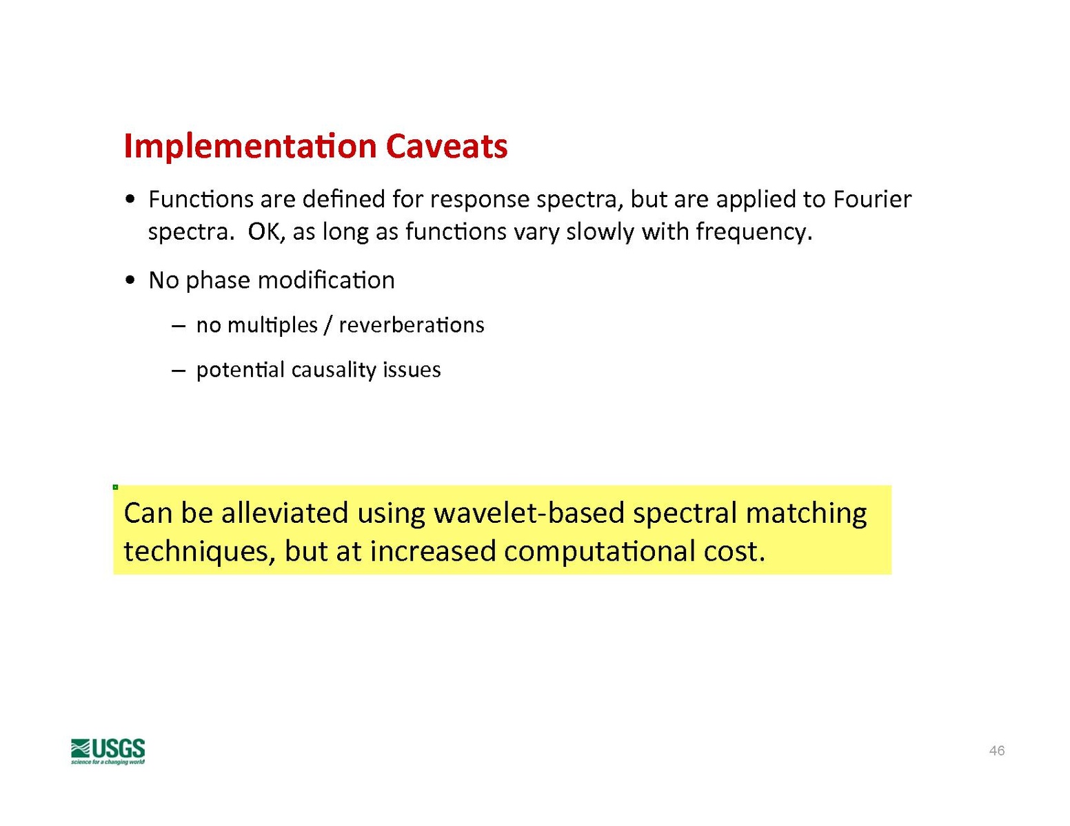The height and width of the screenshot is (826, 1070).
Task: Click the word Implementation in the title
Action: (x=250, y=147)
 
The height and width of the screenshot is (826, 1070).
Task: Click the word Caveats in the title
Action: (x=447, y=146)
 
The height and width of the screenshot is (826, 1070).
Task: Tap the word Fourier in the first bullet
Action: (x=872, y=199)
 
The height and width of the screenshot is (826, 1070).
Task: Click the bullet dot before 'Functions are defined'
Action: (x=130, y=200)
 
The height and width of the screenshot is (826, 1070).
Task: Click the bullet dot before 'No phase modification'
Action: (x=130, y=281)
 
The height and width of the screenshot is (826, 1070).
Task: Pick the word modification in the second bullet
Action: (x=326, y=280)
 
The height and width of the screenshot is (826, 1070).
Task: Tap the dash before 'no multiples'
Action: (x=179, y=326)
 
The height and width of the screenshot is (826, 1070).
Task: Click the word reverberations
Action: (x=412, y=325)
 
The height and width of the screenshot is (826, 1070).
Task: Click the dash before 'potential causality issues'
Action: (x=179, y=371)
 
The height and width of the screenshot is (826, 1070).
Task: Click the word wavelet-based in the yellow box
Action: (x=529, y=513)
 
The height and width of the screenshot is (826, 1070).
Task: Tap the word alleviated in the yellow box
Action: (x=285, y=513)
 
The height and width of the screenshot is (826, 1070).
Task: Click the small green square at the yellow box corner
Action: (x=115, y=487)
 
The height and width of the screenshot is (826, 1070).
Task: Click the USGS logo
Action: (x=108, y=751)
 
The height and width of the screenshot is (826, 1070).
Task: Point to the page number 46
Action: (x=997, y=750)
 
